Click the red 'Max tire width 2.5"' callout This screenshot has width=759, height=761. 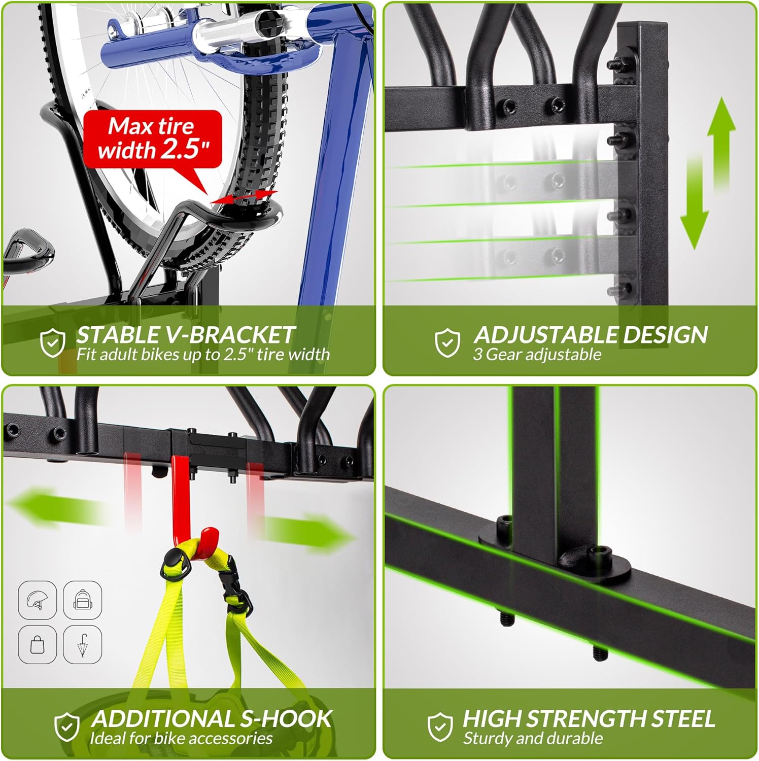tap(153, 139)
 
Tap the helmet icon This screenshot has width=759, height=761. tap(37, 600)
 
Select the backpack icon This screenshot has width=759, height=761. tap(82, 600)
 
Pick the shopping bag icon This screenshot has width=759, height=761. tap(37, 645)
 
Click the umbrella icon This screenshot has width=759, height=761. tap(82, 645)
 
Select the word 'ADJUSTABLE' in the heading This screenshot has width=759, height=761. tap(545, 335)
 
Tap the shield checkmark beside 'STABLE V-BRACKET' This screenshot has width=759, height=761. tap(53, 342)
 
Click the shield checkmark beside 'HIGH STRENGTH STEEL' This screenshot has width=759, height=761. tap(440, 727)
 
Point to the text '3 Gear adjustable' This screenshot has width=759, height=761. tap(537, 354)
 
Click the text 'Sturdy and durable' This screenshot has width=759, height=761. tap(533, 738)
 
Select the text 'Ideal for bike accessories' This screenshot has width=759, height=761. tap(181, 738)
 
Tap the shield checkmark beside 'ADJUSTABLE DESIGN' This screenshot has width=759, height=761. tap(447, 342)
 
